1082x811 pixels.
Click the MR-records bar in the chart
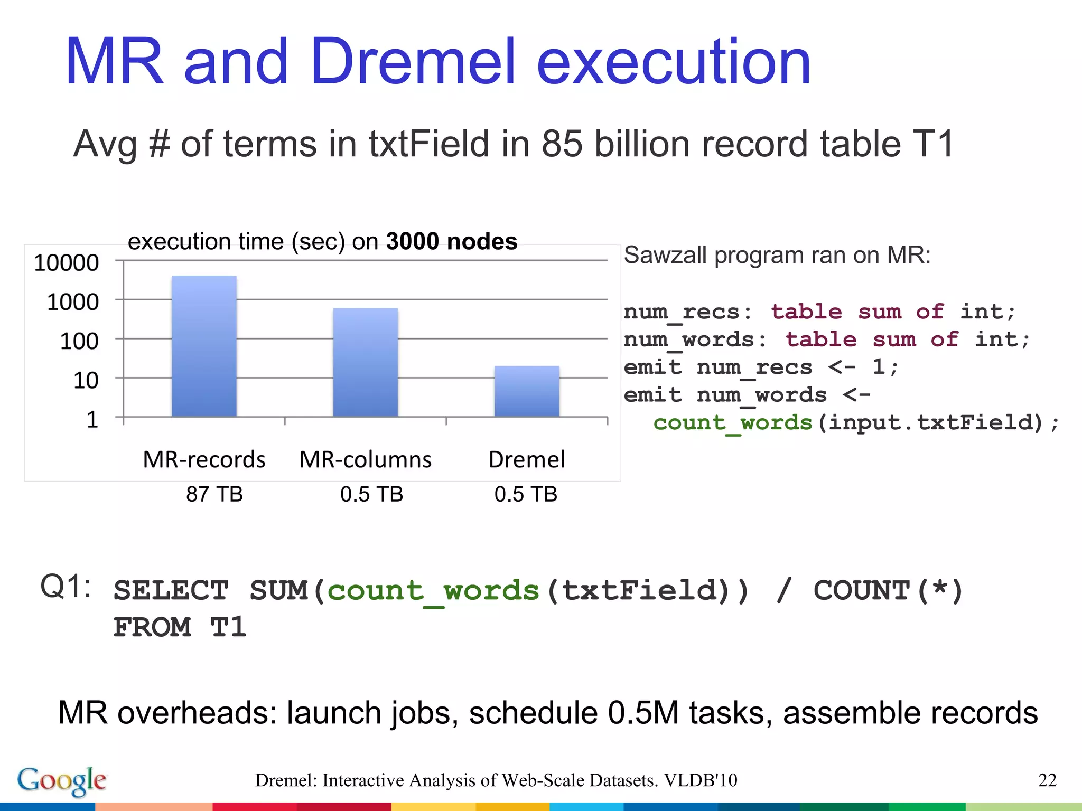[204, 346]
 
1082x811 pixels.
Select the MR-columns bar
[365, 362]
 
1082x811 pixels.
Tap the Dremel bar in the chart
[526, 391]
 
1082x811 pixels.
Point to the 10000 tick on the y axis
[67, 262]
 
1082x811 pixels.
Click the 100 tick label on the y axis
[79, 341]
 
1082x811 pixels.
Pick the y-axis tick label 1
[92, 420]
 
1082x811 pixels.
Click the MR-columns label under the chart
[365, 459]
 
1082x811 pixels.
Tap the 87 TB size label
[214, 494]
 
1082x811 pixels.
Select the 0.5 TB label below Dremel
[526, 494]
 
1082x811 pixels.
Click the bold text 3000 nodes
[451, 241]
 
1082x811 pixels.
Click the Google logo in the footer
[62, 780]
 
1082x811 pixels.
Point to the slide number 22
[1047, 780]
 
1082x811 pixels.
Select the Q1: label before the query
[66, 587]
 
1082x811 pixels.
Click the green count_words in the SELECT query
[433, 591]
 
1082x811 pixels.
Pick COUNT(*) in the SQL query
[888, 591]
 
